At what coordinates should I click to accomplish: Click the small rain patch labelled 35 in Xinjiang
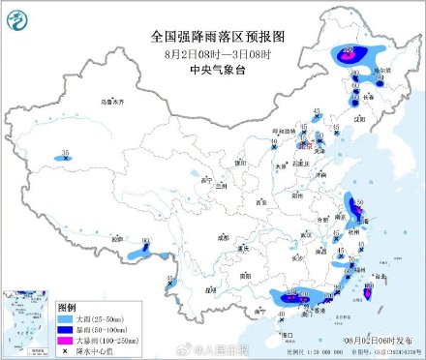(66, 155)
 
